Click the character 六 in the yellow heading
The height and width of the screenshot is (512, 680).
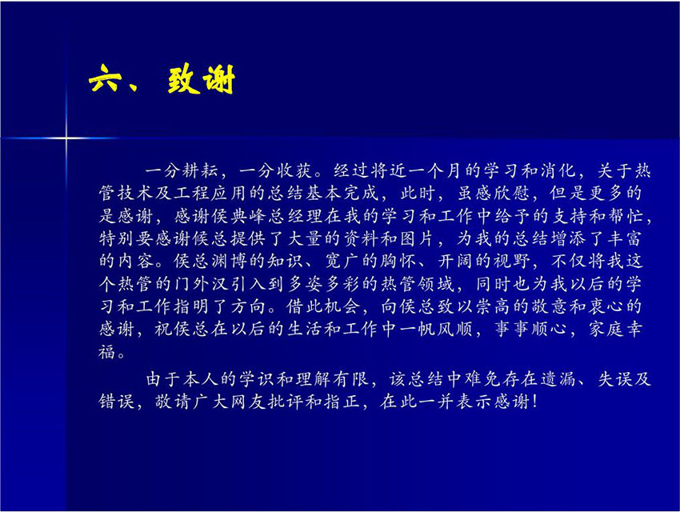(104, 78)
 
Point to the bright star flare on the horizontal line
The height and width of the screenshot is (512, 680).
(66, 138)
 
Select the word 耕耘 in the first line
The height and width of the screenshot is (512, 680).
(200, 170)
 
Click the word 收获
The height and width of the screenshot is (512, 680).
(295, 170)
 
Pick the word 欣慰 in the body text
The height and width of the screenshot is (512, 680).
(511, 193)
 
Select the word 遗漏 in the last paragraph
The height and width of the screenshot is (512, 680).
(558, 379)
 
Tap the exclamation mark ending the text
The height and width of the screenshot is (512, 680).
(534, 402)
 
